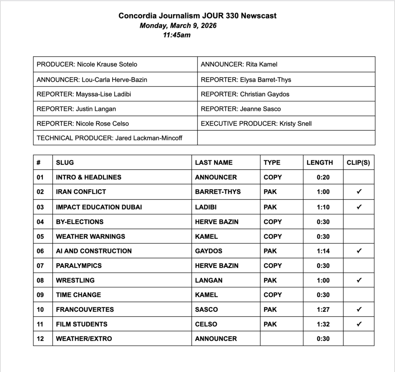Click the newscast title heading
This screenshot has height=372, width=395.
click(197, 16)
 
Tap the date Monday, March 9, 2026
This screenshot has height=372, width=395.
click(178, 26)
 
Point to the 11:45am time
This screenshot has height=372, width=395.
click(177, 35)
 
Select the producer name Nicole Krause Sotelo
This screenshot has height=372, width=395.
click(107, 64)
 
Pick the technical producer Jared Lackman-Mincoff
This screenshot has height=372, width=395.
click(149, 138)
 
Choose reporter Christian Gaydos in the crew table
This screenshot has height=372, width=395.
click(264, 94)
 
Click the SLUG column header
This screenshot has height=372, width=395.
click(65, 163)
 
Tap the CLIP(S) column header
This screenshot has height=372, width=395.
click(358, 163)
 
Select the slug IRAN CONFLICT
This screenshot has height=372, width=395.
click(81, 192)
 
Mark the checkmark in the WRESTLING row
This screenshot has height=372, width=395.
click(359, 280)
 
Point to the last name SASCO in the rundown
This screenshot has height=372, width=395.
click(206, 310)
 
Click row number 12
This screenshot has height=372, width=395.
click(41, 339)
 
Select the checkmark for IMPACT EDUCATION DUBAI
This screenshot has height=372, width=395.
click(359, 207)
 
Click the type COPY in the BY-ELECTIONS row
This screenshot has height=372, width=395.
click(273, 222)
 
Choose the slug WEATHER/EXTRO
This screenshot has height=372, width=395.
click(84, 339)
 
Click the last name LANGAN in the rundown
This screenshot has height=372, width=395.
click(209, 280)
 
